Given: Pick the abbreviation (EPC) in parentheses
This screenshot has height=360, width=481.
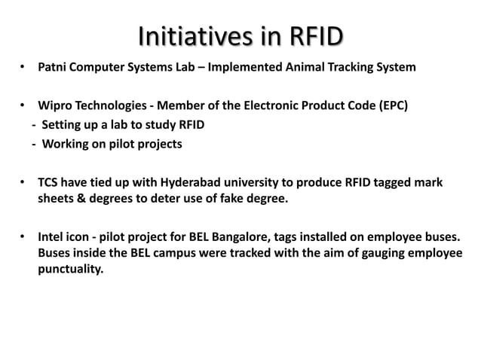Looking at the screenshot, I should [391, 105].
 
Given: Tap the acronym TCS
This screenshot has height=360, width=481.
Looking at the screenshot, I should [49, 183].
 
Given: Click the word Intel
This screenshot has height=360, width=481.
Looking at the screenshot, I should [52, 238].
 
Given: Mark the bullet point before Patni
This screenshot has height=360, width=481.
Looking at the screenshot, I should [24, 70].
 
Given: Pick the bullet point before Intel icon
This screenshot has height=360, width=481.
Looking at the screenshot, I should [24, 239].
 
